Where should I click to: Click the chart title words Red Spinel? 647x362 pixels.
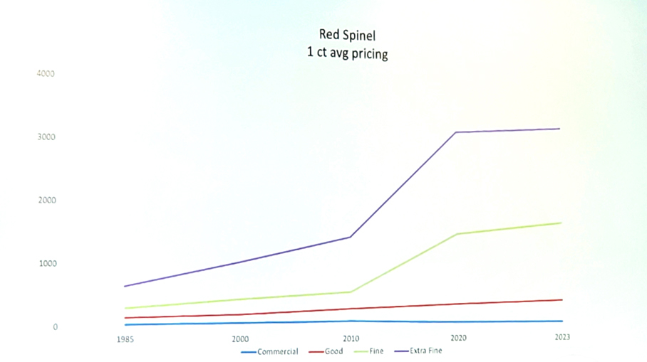tap(348, 35)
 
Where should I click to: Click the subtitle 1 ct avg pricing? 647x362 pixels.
tap(348, 53)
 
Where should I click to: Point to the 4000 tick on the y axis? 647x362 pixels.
tap(46, 73)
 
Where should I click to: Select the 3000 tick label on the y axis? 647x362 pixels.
tap(46, 137)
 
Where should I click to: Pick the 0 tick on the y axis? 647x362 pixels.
tap(54, 327)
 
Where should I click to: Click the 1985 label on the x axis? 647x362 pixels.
tap(125, 339)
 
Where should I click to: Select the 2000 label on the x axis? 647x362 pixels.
tap(240, 339)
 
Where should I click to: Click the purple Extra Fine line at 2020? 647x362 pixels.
tap(455, 132)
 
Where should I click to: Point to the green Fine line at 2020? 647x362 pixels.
tap(455, 234)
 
